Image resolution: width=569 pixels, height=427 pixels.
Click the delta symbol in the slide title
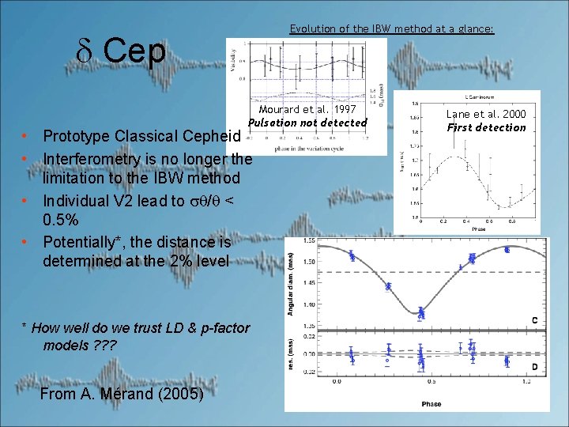click(x=86, y=52)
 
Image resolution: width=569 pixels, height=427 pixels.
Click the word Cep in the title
click(x=134, y=52)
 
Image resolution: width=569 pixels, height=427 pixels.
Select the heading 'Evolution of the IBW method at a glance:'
click(x=391, y=28)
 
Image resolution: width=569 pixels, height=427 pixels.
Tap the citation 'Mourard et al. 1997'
click(x=307, y=109)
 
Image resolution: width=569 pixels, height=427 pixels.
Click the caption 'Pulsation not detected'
click(x=307, y=123)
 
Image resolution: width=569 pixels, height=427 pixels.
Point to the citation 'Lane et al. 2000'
click(x=486, y=114)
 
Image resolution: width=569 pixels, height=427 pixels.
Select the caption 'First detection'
click(x=486, y=127)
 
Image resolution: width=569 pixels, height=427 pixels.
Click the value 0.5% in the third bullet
click(x=61, y=219)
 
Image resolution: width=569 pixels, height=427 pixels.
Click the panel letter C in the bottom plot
click(x=535, y=320)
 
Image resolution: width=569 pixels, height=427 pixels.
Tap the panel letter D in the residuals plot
click(x=535, y=367)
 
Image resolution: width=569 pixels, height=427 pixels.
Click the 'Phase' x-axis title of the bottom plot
click(x=431, y=402)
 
